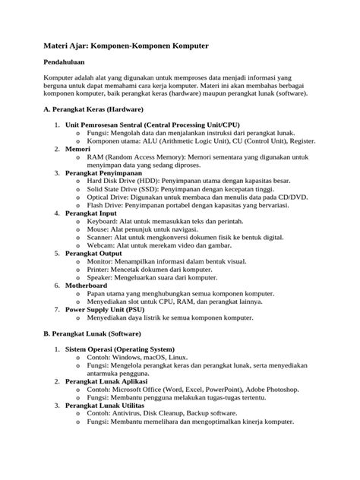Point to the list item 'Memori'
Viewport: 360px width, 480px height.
(x=78, y=150)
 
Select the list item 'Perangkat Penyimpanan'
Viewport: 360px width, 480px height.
(x=103, y=174)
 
